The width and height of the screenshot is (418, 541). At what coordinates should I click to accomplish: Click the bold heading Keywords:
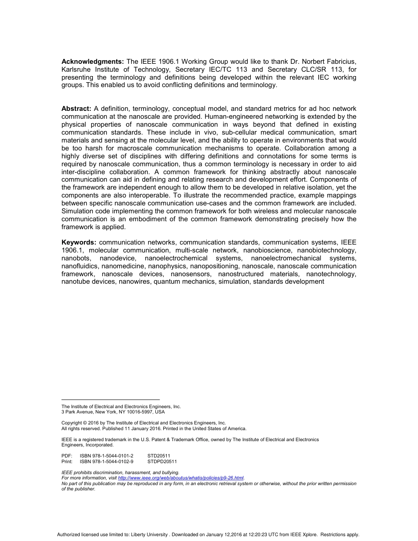point(79,242)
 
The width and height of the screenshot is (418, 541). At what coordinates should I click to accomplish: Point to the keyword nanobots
point(75,258)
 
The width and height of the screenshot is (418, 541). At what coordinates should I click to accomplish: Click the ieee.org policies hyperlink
point(181,478)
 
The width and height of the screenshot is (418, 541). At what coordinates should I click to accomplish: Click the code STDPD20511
point(162,462)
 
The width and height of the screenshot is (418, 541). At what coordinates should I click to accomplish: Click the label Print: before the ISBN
point(67,462)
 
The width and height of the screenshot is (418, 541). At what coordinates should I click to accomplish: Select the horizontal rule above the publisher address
point(110,400)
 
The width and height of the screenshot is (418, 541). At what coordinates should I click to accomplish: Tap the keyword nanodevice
point(117,258)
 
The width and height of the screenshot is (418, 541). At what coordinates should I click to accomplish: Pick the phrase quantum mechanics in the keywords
point(185,282)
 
